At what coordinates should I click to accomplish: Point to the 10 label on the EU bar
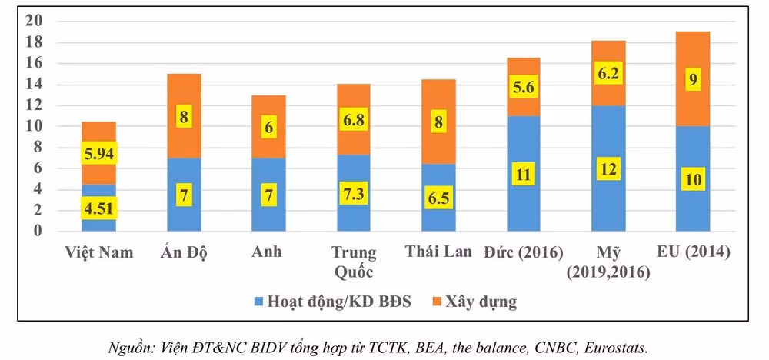click(692, 180)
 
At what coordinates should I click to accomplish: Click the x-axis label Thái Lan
click(438, 252)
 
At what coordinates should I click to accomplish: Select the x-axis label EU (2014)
click(692, 252)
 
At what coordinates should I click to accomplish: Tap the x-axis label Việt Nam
click(99, 252)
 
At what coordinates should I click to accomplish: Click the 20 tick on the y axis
click(33, 22)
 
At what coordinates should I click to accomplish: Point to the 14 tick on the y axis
click(33, 85)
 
